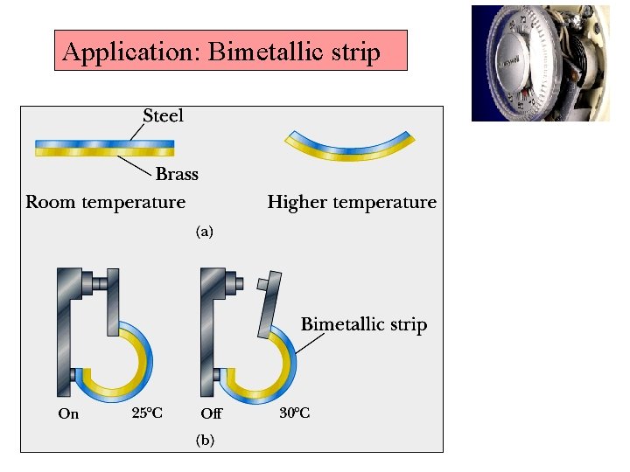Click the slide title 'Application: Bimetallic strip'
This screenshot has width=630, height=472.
[221, 52]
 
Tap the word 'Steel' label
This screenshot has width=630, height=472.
[163, 115]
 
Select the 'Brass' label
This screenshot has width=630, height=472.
[177, 174]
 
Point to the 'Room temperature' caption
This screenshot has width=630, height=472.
[106, 202]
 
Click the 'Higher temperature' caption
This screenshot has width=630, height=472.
[352, 202]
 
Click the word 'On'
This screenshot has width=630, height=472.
[68, 413]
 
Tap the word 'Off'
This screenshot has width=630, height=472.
[211, 413]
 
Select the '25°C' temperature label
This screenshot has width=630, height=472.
[147, 413]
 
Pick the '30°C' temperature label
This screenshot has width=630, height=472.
[293, 413]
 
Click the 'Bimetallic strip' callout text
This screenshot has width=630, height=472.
[364, 324]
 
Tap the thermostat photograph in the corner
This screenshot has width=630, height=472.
[540, 63]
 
